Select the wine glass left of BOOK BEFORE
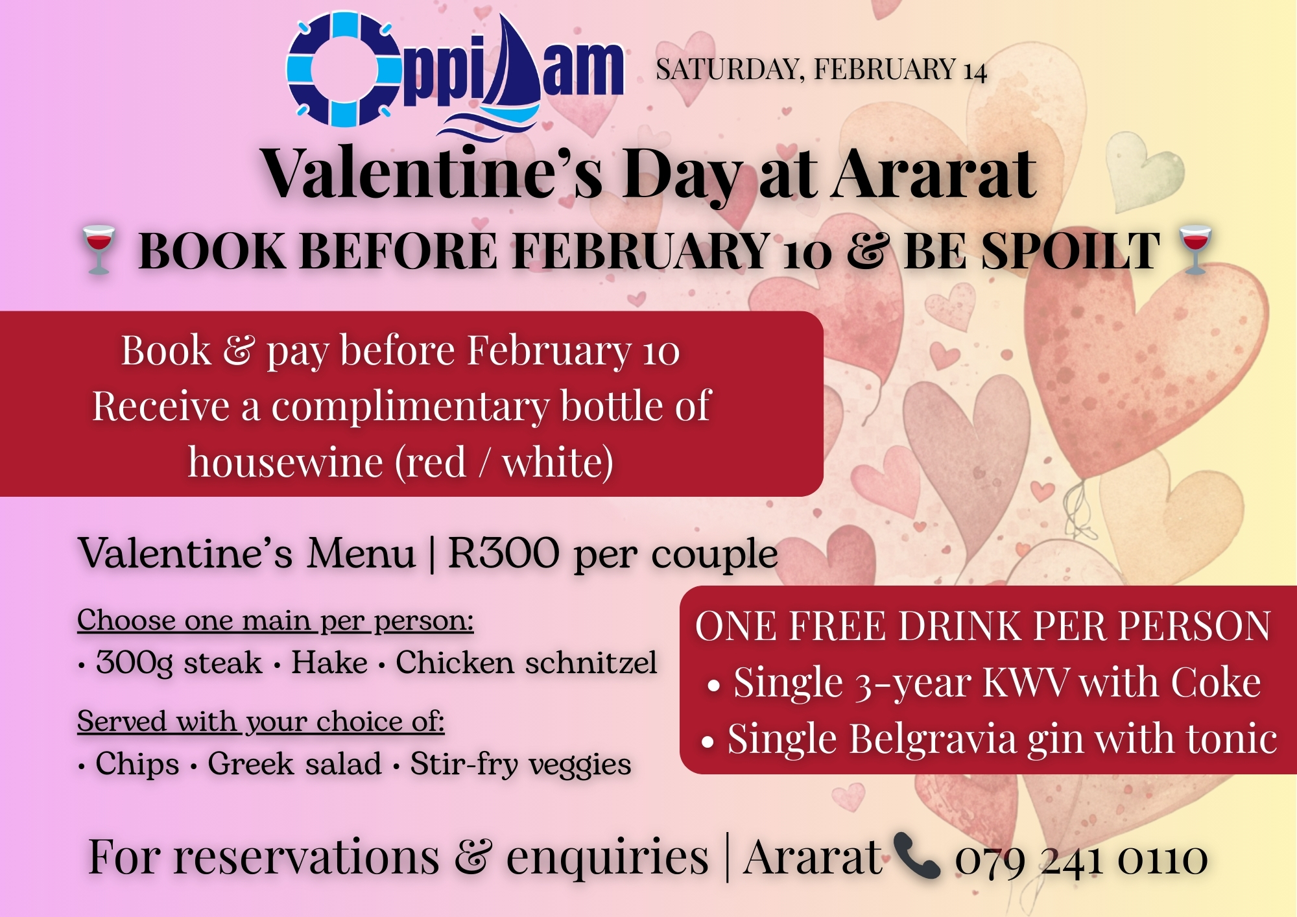point(98,250)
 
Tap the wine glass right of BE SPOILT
point(1195,250)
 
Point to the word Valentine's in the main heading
point(432,174)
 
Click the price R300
point(503,553)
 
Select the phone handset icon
point(916,855)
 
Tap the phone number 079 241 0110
point(1081,860)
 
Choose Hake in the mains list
point(329,663)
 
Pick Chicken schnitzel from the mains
point(527,663)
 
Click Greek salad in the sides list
point(294,764)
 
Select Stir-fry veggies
point(521,765)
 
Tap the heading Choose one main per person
point(276,621)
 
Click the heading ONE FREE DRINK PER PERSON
point(982,626)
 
